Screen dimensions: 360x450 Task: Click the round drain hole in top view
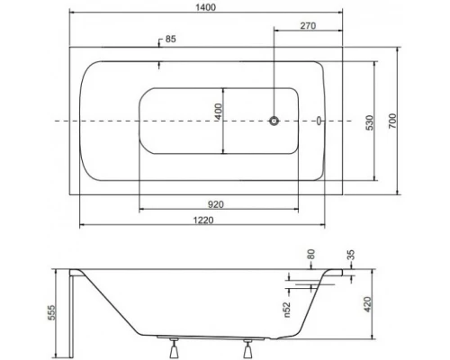(x=276, y=121)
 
